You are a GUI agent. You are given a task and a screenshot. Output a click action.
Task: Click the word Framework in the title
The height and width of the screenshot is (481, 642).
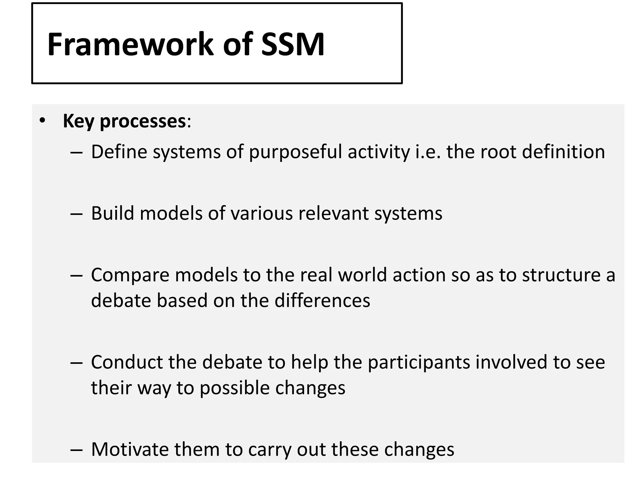tap(130, 44)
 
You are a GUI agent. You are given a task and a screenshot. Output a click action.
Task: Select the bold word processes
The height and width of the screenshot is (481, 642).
tap(143, 122)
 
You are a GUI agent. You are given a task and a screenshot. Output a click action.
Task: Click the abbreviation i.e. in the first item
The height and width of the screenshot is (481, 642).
tap(428, 152)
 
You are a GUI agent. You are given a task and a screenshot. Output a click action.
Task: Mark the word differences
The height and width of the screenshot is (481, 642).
tap(322, 301)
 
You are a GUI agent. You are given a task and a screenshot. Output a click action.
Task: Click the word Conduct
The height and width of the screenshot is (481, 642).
tap(127, 362)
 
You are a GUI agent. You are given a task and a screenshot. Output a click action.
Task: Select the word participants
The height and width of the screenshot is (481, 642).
tap(419, 363)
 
